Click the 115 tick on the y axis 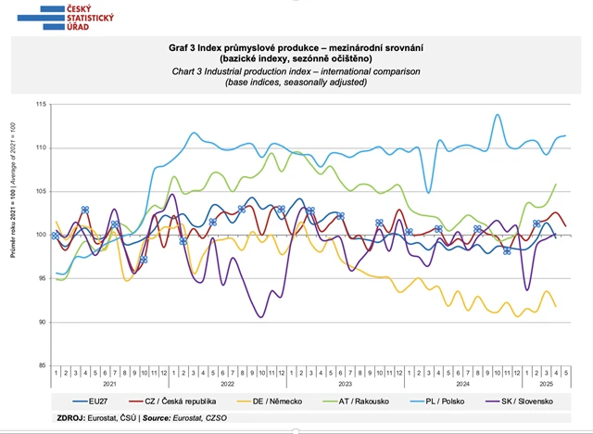[x=41, y=105]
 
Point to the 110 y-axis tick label [x=41, y=148]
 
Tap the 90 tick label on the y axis [x=43, y=323]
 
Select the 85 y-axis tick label [x=43, y=365]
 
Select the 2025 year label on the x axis [x=546, y=383]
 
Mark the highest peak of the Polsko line [x=498, y=115]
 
